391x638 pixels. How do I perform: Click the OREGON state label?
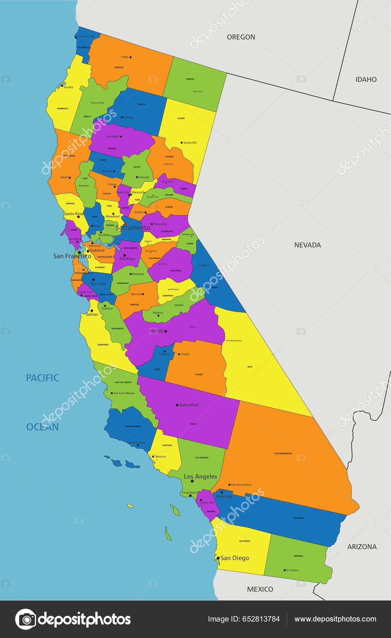[241, 37]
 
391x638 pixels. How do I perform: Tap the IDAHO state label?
[366, 79]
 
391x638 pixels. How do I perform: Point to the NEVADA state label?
[307, 245]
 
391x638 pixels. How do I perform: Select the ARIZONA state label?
[362, 547]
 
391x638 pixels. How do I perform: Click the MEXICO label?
[260, 589]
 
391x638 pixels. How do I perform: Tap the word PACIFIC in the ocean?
[42, 378]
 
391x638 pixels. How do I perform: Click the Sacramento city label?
[133, 228]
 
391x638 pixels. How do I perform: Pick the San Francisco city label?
[72, 256]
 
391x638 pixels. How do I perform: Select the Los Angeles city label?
[200, 477]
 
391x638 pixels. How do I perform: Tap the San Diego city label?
[235, 558]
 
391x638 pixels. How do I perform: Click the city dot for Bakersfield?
[177, 405]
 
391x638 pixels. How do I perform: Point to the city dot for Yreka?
[130, 57]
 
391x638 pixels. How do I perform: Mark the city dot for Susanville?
[182, 143]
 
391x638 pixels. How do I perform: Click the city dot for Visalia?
[179, 354]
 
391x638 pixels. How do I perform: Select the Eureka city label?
[68, 87]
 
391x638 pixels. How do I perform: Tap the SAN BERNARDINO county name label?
[283, 453]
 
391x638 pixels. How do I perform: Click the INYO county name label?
[250, 367]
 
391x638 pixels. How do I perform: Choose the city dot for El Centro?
[284, 570]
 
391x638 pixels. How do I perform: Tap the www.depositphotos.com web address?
[335, 619]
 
